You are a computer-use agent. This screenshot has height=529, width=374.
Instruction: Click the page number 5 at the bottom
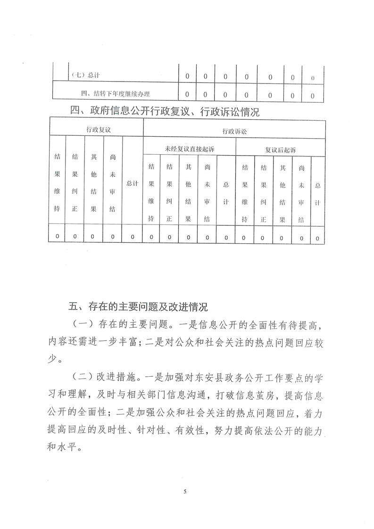[185, 492]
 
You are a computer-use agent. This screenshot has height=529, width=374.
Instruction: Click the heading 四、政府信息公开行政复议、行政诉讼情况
[165, 112]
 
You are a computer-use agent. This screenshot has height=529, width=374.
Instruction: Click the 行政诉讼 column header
[234, 132]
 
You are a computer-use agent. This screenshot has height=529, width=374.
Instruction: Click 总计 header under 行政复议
[132, 183]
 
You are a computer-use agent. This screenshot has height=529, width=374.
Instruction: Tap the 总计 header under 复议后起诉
[317, 193]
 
